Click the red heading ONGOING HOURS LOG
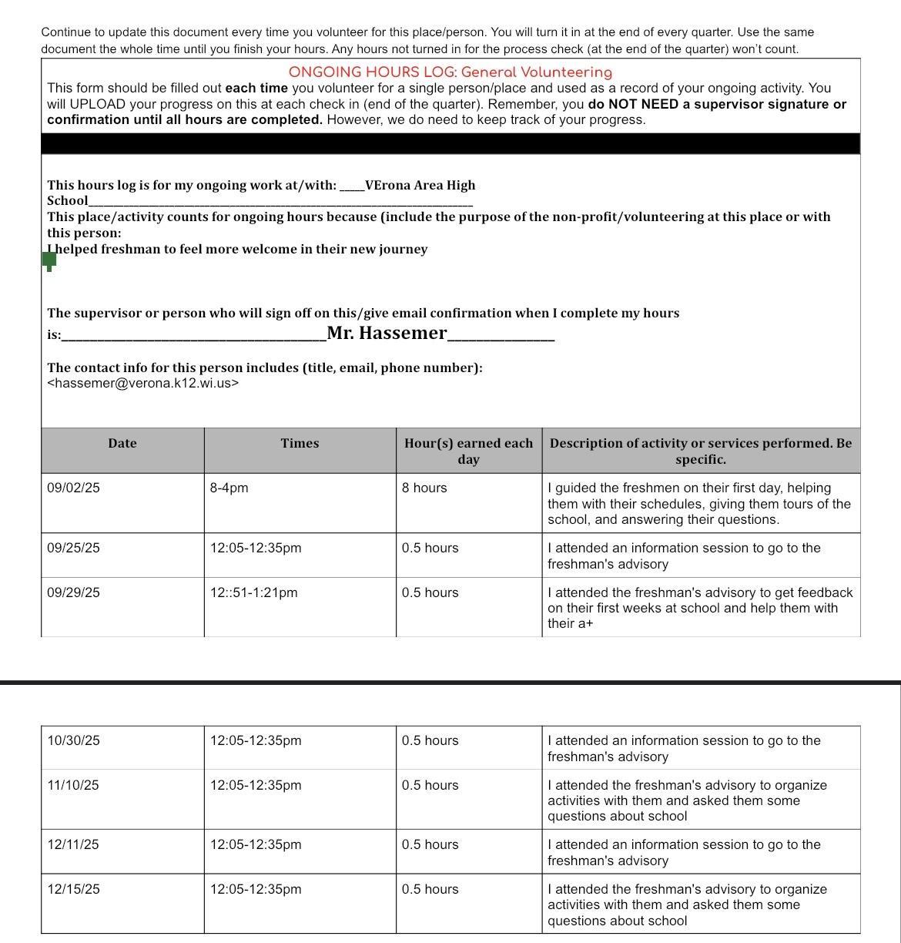tap(450, 72)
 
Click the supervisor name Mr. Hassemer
tap(387, 333)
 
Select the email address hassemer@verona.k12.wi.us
tap(143, 383)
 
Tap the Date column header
tap(122, 443)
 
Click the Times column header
tap(300, 443)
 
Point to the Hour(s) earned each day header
tap(468, 451)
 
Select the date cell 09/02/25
tap(73, 488)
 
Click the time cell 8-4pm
tap(229, 488)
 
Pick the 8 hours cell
tap(424, 488)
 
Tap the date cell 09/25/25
tap(73, 548)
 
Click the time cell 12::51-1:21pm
tap(253, 592)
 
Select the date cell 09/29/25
tap(73, 592)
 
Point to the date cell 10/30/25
tap(73, 740)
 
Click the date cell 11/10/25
tap(73, 785)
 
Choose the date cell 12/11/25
tap(73, 844)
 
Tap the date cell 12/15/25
tap(73, 889)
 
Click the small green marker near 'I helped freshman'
tap(49, 261)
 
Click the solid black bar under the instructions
tap(450, 144)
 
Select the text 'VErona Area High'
tap(420, 185)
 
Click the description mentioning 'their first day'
tap(699, 503)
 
